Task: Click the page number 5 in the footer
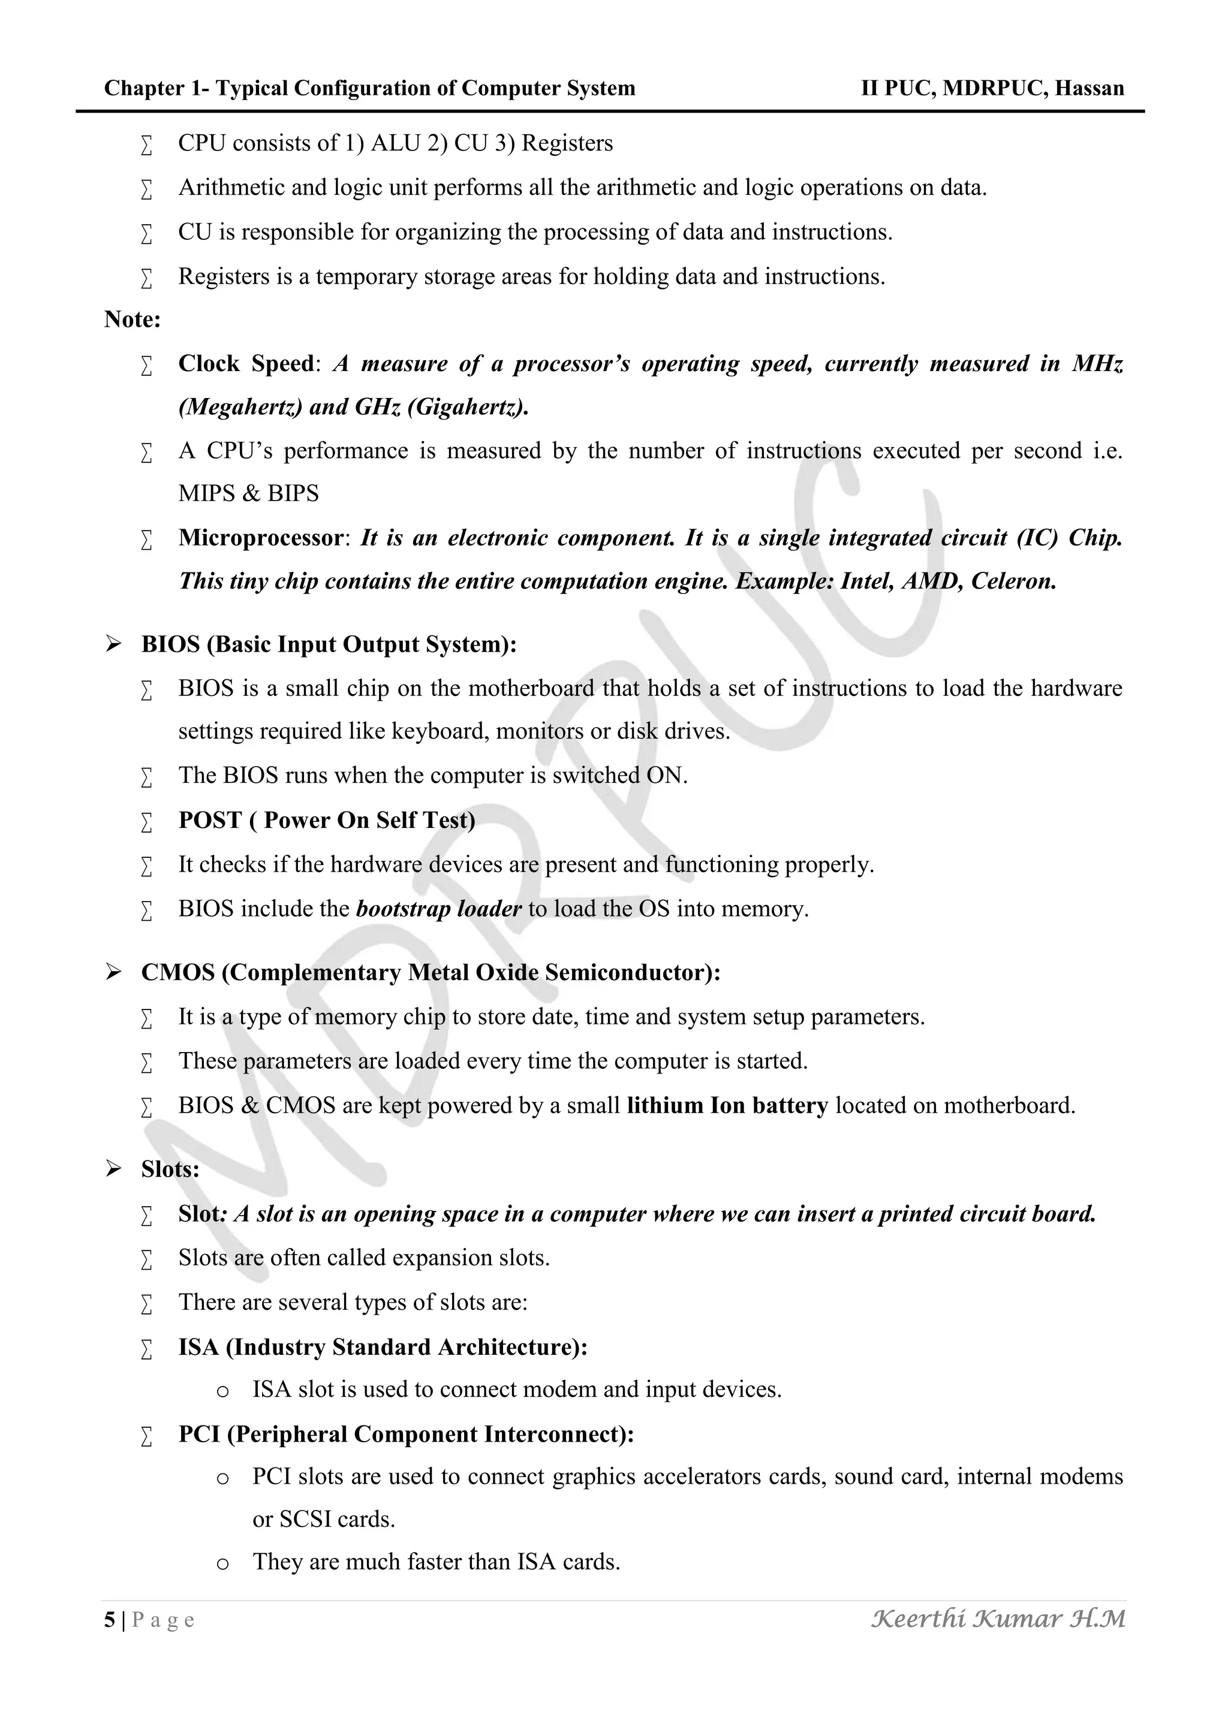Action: coord(110,1620)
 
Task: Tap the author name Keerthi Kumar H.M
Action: coord(998,1619)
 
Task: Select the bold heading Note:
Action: coord(133,320)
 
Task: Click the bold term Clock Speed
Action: coord(246,364)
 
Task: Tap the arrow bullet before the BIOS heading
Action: coord(113,644)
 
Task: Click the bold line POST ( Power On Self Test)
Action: coord(327,821)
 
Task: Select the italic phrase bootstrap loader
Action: coord(438,909)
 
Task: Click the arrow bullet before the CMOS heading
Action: coord(113,972)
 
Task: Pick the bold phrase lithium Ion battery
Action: coord(727,1105)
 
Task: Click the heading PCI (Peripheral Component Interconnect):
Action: coord(406,1434)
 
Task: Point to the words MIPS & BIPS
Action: coord(248,494)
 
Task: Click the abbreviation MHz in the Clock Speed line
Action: coord(1097,364)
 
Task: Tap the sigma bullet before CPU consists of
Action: coord(147,144)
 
